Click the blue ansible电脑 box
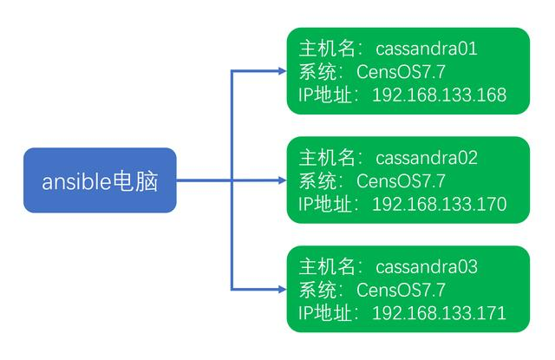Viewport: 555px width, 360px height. click(100, 180)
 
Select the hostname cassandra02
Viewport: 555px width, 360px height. click(427, 159)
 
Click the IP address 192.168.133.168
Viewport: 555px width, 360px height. click(439, 95)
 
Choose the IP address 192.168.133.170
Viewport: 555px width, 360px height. click(439, 204)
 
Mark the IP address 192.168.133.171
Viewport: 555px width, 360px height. click(439, 312)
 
